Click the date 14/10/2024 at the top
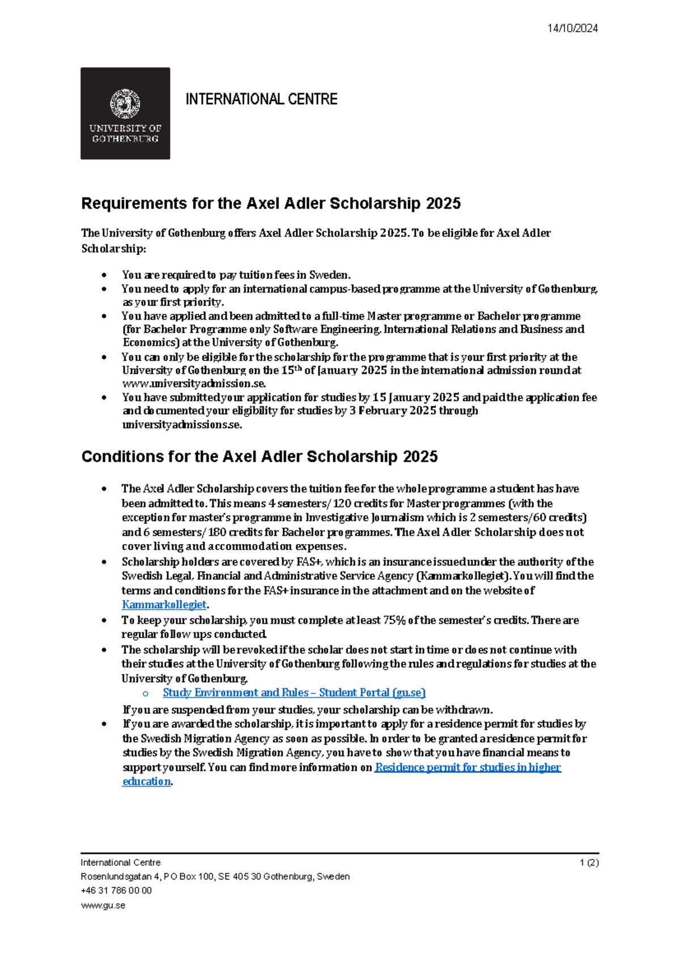tap(572, 28)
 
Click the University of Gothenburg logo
tap(125, 113)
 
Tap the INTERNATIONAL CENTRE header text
tap(261, 99)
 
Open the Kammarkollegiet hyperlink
tap(164, 605)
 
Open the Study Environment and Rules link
tap(294, 692)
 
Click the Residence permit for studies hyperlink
tap(467, 767)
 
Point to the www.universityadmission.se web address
tap(194, 384)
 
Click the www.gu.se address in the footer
tap(103, 905)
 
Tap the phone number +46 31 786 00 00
tap(116, 891)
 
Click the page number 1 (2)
tap(589, 862)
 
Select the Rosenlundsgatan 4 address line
tap(215, 877)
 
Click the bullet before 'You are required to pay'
tap(104, 275)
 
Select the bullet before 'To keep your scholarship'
tap(104, 620)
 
